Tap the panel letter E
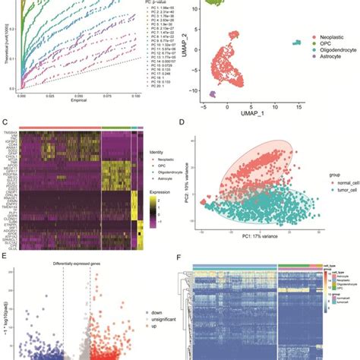click(x=6, y=257)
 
